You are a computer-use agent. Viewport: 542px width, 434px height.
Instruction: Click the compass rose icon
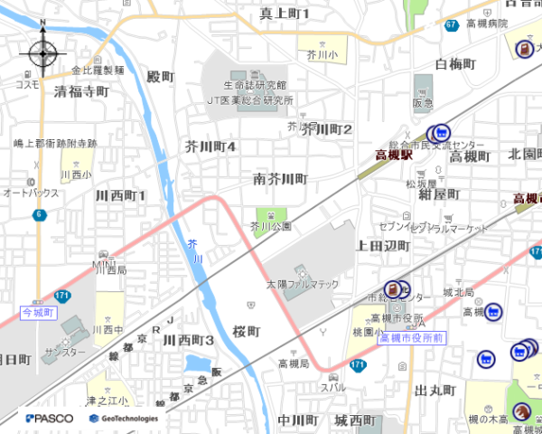pos(42,54)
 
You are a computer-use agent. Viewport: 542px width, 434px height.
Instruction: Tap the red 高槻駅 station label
pos(394,156)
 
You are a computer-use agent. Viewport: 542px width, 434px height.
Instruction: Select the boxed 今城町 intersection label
pos(38,313)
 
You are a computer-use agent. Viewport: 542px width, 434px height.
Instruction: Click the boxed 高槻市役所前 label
pos(411,338)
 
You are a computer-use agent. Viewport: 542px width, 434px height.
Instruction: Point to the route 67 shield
pos(451,25)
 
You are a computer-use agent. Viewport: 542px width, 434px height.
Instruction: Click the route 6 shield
pos(39,214)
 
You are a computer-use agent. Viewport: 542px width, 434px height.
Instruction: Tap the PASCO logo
pos(50,419)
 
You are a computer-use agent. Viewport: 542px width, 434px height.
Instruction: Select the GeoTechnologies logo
pos(124,419)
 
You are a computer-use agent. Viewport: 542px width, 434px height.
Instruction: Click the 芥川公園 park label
pos(270,227)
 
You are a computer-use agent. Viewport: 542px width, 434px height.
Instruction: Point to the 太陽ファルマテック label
pos(302,284)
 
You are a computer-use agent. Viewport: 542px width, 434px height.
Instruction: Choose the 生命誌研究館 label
pos(255,85)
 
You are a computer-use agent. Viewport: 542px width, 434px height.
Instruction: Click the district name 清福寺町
pos(80,91)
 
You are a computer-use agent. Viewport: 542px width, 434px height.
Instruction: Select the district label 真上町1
pos(284,14)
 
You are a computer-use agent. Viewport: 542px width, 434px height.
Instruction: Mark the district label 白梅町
pos(454,64)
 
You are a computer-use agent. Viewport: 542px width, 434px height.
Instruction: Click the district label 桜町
pos(245,331)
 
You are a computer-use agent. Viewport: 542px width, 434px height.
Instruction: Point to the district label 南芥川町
pos(280,179)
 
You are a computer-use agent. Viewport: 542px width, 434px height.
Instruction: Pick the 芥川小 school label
pos(322,54)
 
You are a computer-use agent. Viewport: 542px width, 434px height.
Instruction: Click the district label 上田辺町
pos(383,246)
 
